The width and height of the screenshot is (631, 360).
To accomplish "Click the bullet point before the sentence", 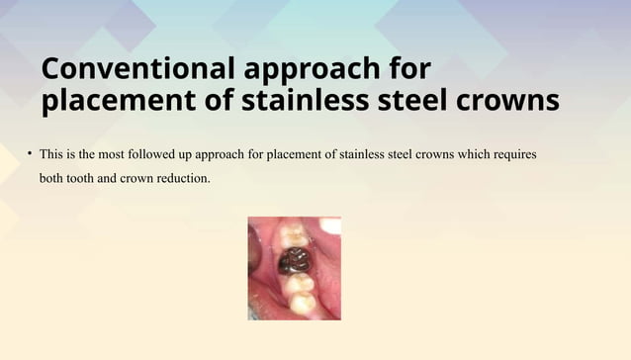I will point(30,154).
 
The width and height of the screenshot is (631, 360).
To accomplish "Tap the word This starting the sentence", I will point(51,155).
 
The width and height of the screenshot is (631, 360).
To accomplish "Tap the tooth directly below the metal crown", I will point(300,283).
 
